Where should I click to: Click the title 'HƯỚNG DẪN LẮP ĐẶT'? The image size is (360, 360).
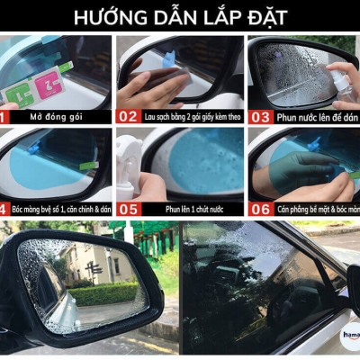[180, 17]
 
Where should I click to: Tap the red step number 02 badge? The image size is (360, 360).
[128, 116]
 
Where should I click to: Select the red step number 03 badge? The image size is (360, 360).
[260, 116]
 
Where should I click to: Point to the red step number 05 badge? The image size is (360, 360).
[128, 208]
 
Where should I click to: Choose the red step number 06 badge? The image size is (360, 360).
[260, 208]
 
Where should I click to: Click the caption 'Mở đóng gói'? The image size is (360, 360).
[49, 116]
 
